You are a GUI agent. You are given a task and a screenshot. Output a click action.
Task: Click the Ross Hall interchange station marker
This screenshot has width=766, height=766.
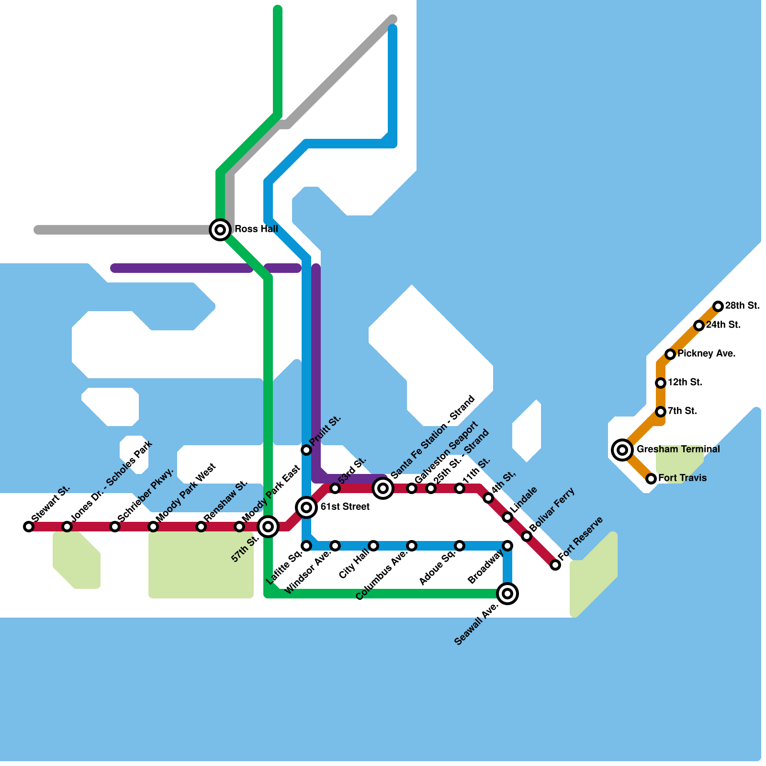click(x=220, y=230)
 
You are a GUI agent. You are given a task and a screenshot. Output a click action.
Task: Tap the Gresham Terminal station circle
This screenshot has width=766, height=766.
click(x=622, y=450)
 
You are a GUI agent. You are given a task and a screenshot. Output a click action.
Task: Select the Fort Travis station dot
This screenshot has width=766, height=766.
click(x=651, y=479)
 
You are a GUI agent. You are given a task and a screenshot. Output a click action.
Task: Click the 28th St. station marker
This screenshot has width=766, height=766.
click(x=718, y=306)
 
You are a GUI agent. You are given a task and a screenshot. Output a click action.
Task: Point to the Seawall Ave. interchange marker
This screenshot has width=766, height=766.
click(x=507, y=594)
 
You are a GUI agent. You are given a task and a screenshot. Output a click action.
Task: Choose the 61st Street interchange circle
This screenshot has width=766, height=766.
click(x=306, y=507)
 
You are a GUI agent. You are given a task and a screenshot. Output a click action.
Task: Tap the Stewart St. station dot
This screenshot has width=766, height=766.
click(x=29, y=527)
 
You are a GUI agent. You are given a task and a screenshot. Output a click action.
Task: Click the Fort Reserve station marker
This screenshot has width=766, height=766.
click(x=555, y=565)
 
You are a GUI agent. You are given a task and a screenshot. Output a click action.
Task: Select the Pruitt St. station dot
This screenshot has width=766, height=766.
click(x=306, y=450)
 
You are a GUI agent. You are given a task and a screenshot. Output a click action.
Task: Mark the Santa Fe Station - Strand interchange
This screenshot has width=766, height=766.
click(x=383, y=488)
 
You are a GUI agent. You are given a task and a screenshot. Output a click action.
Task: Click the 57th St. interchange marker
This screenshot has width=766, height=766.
click(x=268, y=527)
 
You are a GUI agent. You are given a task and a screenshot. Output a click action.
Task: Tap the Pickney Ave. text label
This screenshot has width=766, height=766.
click(x=706, y=354)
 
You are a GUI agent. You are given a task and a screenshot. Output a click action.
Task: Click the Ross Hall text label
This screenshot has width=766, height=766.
click(x=256, y=229)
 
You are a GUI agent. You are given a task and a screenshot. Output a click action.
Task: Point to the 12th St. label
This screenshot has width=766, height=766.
click(x=685, y=383)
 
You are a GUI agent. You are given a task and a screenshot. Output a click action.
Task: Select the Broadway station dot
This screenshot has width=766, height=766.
click(x=507, y=546)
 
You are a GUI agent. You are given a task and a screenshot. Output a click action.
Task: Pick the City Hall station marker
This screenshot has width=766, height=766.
click(x=373, y=546)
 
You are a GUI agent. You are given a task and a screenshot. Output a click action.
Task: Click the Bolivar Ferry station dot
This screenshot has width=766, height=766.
click(x=527, y=536)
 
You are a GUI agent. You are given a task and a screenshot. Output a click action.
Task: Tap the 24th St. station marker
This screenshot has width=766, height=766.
click(x=699, y=326)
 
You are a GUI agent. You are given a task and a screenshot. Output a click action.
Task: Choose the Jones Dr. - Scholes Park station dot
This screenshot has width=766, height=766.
click(x=67, y=527)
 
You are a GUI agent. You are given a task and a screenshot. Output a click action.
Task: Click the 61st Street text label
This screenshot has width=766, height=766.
click(x=345, y=507)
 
